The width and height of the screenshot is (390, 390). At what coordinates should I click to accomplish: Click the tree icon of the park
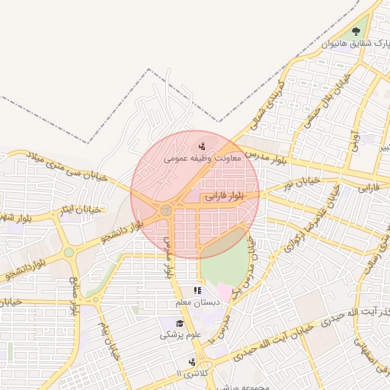pos(356,31)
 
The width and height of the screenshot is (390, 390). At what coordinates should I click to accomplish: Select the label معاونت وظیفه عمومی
pos(202,158)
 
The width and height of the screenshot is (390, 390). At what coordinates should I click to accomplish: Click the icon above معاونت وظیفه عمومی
pos(202,145)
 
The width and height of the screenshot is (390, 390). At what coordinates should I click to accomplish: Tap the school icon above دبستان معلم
pos(197,290)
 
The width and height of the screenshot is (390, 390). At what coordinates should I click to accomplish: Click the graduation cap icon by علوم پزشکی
pos(168,324)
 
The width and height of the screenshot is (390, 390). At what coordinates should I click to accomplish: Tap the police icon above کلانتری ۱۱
pos(192,362)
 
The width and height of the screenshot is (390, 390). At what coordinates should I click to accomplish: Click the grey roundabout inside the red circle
pos(165,209)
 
